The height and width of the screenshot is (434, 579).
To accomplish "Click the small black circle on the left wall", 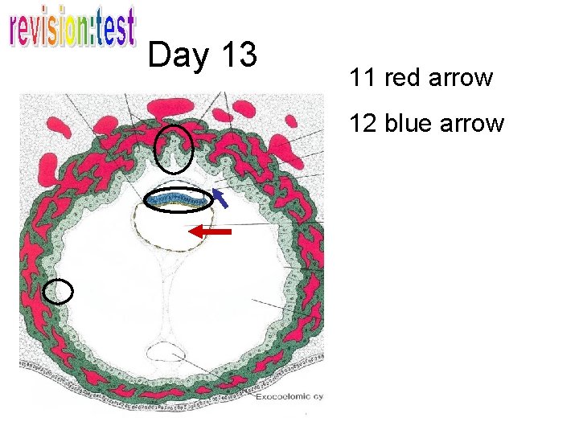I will [x=58, y=291].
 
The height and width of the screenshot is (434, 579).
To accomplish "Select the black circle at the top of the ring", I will [x=174, y=149].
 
